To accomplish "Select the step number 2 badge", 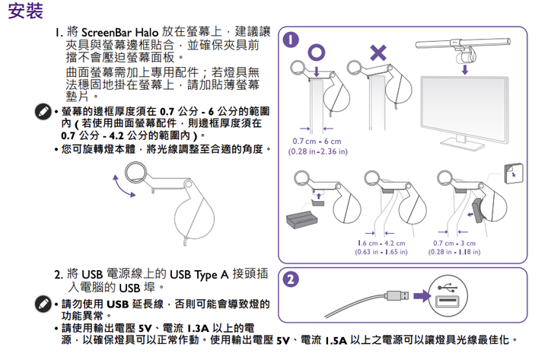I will coord(289,279).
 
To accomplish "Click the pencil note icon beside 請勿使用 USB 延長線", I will coord(44,305).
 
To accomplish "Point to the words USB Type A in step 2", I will coord(199,273).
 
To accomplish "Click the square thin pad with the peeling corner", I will coord(514,172).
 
